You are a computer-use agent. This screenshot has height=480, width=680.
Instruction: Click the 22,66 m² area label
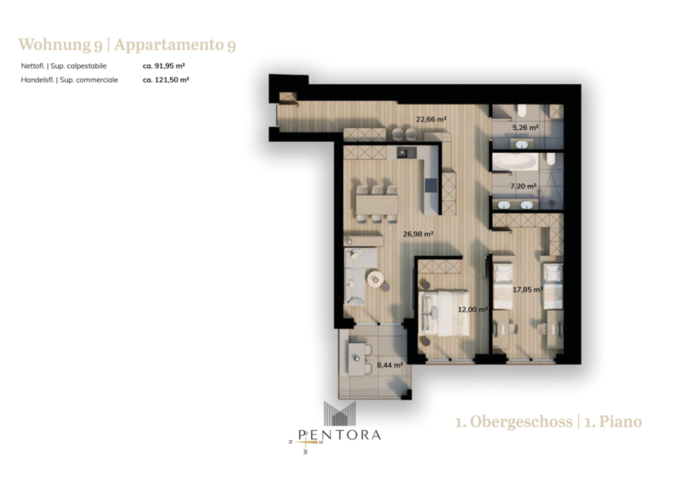431,119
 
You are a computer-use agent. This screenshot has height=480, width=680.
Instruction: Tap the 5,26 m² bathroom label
525,127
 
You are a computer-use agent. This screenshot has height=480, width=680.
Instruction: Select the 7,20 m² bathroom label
523,186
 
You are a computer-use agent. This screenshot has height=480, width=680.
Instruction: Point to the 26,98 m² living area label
418,234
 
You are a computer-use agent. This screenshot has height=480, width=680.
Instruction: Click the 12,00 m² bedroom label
473,309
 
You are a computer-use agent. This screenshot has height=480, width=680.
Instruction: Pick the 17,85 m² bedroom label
528,289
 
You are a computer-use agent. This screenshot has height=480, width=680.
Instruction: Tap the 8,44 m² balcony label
390,365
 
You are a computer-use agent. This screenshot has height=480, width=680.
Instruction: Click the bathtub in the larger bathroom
515,162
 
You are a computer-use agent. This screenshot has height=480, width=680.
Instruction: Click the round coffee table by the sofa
376,279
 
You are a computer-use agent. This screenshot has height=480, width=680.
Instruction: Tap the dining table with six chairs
377,204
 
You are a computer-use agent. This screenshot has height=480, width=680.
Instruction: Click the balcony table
356,359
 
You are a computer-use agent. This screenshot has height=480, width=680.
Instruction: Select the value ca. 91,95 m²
164,66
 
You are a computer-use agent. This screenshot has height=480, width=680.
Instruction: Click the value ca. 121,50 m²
166,80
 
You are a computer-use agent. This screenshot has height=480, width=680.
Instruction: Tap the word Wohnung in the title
54,45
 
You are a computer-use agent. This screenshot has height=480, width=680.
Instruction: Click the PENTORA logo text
339,435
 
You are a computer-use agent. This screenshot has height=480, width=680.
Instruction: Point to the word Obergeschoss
521,421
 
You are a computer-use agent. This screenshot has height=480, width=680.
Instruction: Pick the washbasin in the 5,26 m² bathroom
520,144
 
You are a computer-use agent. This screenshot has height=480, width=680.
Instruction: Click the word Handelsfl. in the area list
37,80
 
